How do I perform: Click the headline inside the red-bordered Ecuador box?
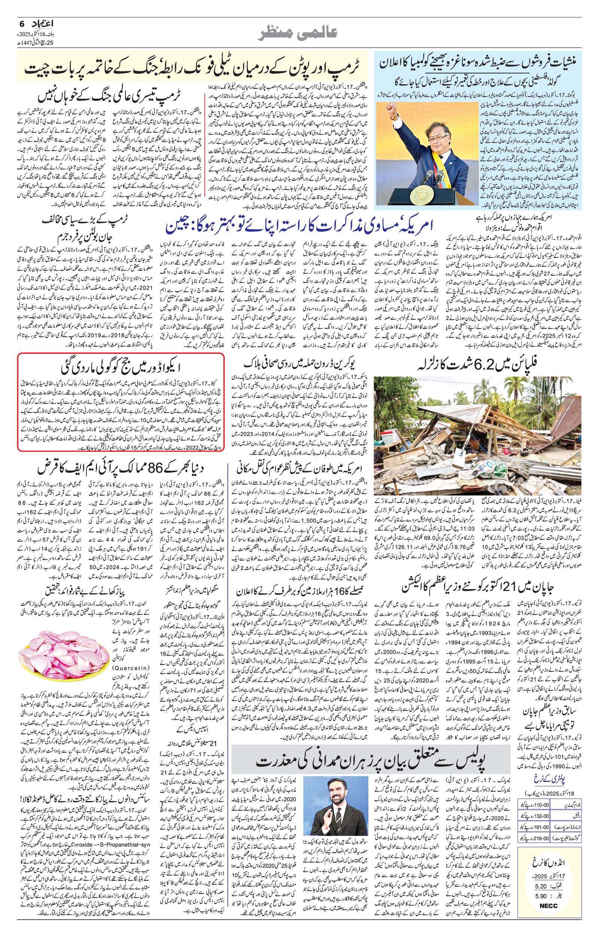pyautogui.click(x=121, y=367)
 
